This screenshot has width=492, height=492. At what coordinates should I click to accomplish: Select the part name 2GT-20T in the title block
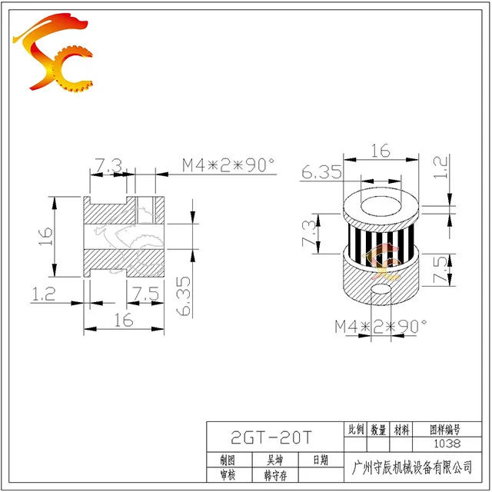point(272,437)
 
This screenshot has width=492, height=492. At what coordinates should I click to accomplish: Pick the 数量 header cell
point(377,430)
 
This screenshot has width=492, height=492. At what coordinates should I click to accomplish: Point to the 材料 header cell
point(401,430)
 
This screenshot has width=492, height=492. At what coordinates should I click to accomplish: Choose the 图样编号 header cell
point(446,430)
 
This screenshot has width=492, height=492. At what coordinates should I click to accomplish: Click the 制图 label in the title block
point(228,460)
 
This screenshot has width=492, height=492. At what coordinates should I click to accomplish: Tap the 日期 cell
point(319,460)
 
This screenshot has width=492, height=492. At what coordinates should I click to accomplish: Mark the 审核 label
point(228,476)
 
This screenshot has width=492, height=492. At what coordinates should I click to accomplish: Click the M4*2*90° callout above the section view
point(228,165)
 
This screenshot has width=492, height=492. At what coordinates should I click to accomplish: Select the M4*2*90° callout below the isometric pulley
point(380,327)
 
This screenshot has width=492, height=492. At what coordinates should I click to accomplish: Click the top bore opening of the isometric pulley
point(381,206)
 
